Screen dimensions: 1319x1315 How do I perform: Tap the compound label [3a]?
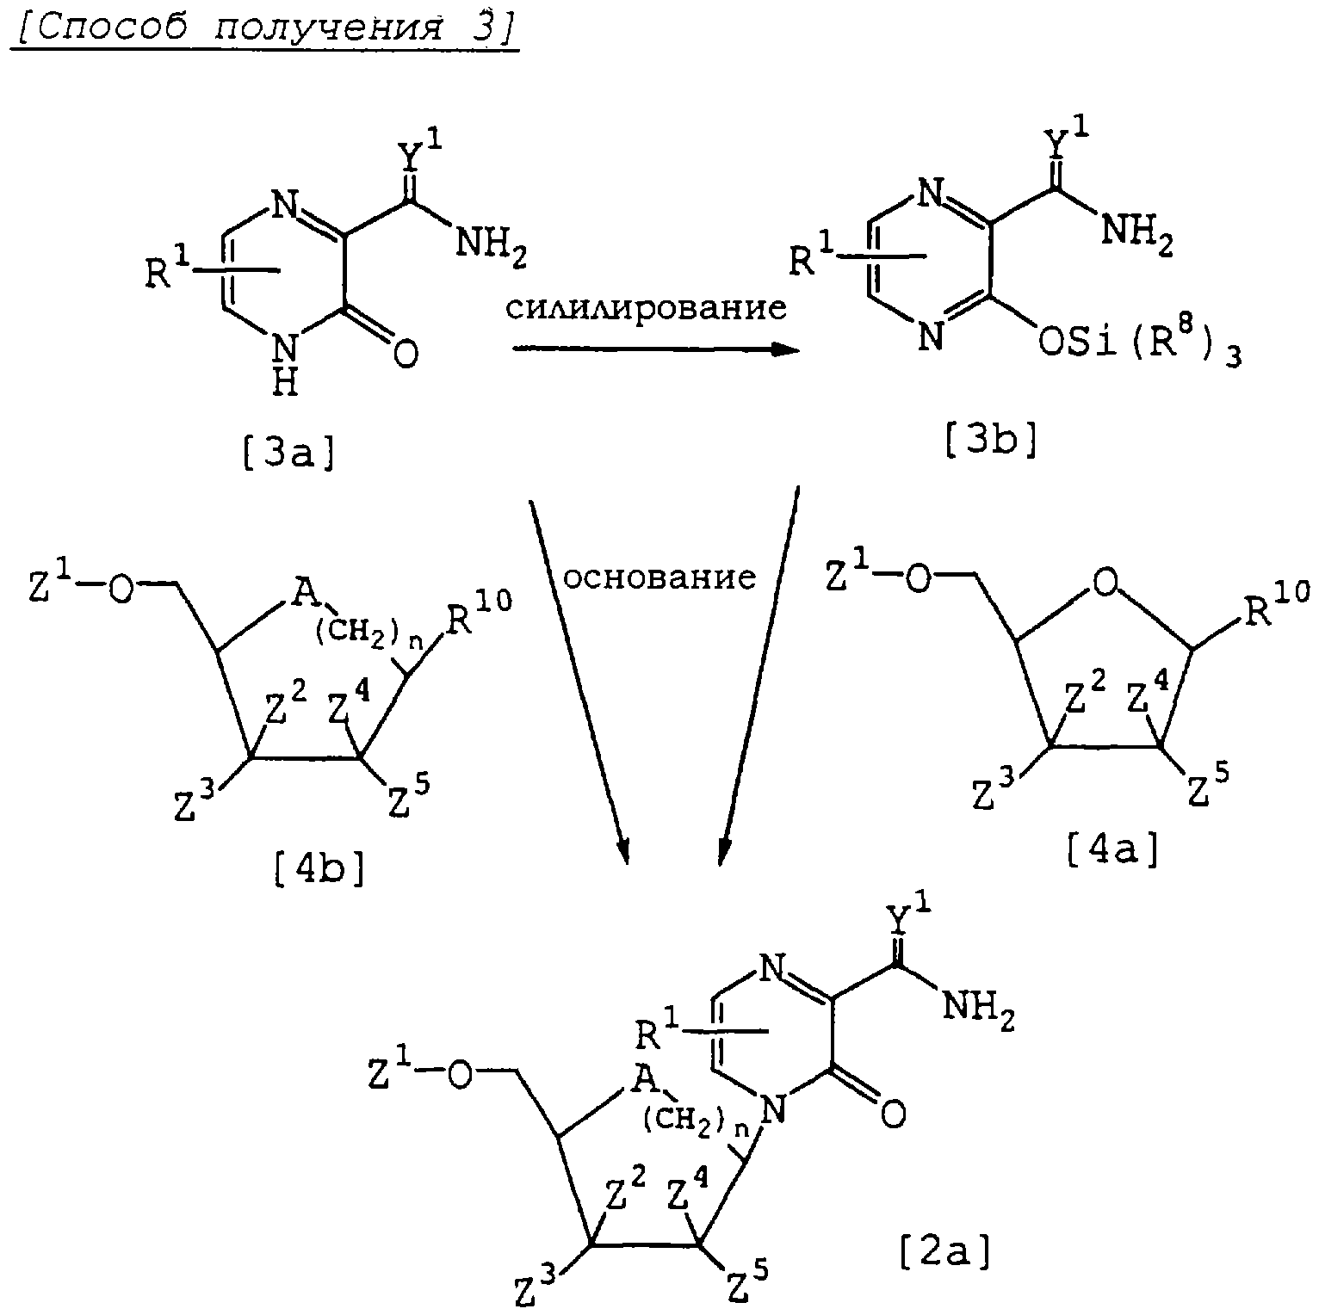(x=288, y=451)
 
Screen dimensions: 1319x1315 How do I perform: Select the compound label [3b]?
(x=990, y=441)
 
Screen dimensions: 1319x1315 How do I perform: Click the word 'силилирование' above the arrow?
(x=646, y=307)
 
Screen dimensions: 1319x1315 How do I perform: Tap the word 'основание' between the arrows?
(x=659, y=577)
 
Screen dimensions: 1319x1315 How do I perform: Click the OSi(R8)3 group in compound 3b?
(x=1138, y=344)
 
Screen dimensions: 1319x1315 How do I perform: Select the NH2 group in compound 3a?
(x=489, y=245)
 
